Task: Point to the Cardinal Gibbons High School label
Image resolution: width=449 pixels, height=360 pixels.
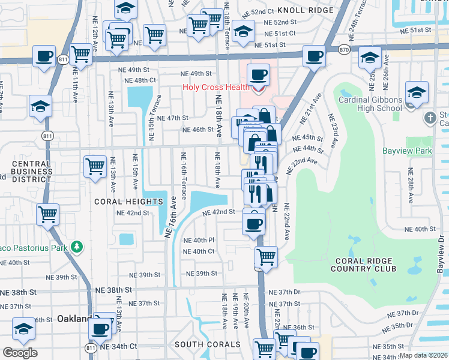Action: tap(369, 104)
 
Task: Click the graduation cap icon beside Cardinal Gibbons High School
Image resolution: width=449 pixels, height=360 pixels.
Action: tap(417, 93)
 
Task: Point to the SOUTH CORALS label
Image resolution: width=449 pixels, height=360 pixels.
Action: tap(207, 345)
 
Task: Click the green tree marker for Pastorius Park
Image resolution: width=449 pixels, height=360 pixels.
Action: tap(76, 246)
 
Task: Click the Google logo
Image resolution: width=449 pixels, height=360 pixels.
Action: tap(20, 353)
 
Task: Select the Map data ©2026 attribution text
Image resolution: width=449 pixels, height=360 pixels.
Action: tap(423, 355)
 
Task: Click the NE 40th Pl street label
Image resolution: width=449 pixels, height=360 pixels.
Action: tap(198, 240)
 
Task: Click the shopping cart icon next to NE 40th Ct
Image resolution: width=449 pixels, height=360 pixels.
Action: tap(266, 257)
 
